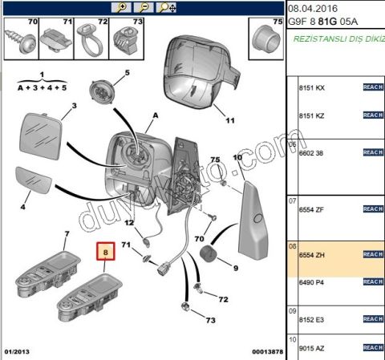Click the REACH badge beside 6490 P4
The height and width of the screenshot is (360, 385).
coord(373,281)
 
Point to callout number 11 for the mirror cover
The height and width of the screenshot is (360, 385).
coord(229,123)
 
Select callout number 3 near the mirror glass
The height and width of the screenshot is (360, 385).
coord(73,106)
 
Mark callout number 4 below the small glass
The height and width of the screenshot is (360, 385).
coord(22,208)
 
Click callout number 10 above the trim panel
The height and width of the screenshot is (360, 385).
coord(237,160)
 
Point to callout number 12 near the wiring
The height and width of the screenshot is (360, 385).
coord(128,223)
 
